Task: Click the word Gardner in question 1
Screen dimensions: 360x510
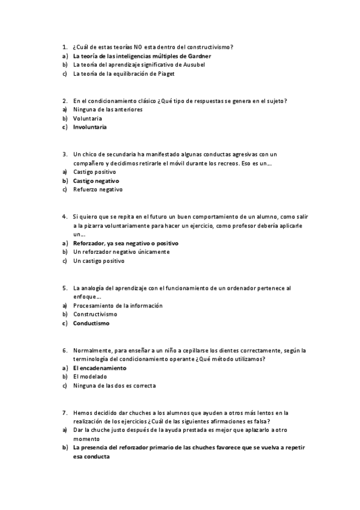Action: tap(198, 56)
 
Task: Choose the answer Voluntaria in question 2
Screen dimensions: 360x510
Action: tap(87, 118)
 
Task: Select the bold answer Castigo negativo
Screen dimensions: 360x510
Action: tap(96, 181)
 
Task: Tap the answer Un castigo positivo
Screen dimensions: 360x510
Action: tap(99, 261)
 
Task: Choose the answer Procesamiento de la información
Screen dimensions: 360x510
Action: tap(117, 306)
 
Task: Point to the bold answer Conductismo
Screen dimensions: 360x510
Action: tap(91, 324)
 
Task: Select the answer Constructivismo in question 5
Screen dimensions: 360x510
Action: tap(95, 315)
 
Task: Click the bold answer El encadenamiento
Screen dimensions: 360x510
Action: tap(100, 367)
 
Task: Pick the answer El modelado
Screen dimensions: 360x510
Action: tap(90, 376)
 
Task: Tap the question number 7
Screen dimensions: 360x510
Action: tap(64, 413)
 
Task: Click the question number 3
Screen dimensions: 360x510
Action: tap(64, 154)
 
